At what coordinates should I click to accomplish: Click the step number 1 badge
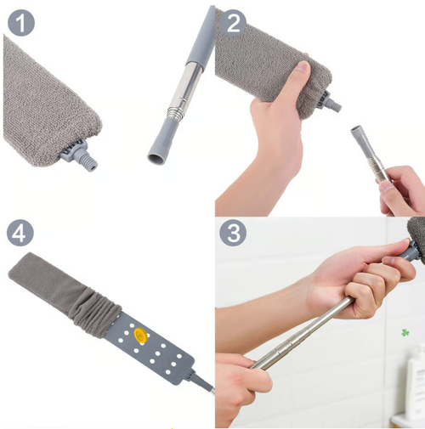coord(21,22)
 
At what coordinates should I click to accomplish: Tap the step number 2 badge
coord(234,22)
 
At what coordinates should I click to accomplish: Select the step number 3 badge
coord(234,234)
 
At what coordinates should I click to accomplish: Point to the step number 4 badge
coord(20,233)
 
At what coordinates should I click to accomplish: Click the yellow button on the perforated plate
coord(140,336)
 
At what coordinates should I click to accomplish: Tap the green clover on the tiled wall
coord(405,333)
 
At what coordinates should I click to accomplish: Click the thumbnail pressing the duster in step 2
coord(303,67)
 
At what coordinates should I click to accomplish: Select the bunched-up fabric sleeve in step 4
coord(96,313)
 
